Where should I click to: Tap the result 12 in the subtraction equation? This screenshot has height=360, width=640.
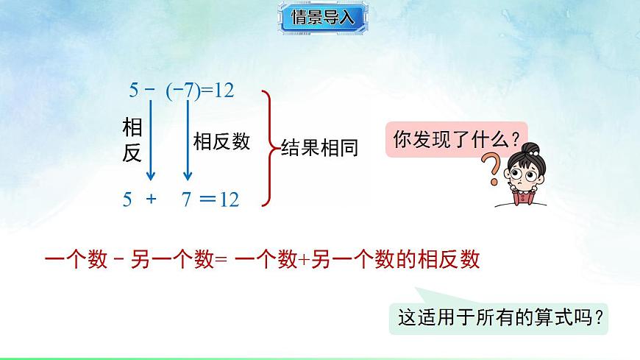click(x=222, y=91)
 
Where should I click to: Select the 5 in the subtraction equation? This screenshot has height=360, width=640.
click(x=134, y=91)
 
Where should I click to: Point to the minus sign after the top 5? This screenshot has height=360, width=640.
click(x=150, y=91)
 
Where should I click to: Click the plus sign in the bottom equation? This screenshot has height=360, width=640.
click(x=152, y=200)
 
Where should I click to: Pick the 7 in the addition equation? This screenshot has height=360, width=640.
click(x=188, y=200)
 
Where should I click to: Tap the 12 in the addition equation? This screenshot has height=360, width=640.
click(x=230, y=200)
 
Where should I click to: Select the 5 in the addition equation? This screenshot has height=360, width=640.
click(x=127, y=200)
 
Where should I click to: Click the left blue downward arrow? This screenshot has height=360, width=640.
click(x=150, y=140)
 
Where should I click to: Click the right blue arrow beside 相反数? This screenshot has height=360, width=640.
click(x=188, y=140)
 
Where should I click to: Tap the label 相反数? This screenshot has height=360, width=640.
click(x=221, y=141)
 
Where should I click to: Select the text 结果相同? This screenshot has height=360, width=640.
click(x=319, y=148)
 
